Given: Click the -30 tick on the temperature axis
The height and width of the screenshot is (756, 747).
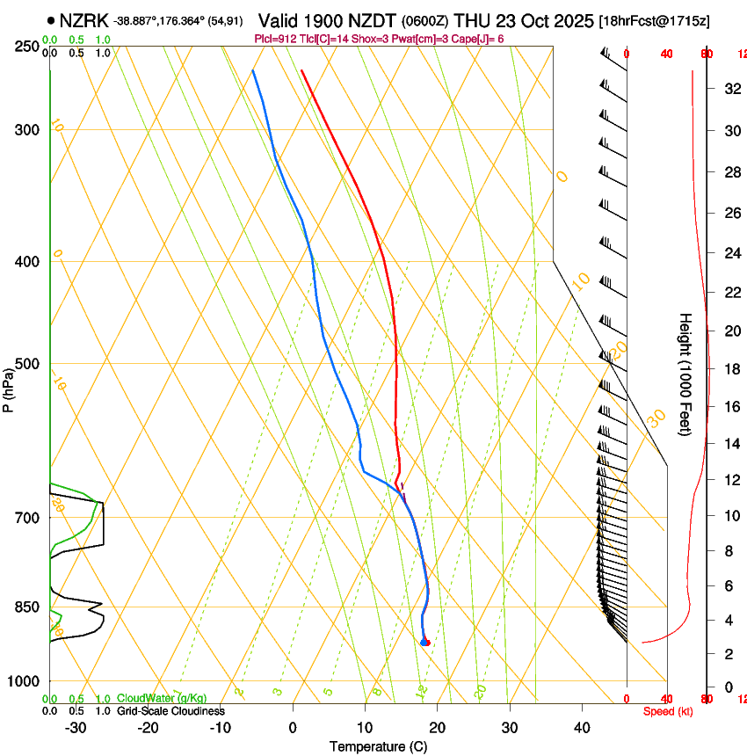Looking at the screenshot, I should pos(76,728).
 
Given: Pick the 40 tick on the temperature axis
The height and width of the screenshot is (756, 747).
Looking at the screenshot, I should pos(581,728).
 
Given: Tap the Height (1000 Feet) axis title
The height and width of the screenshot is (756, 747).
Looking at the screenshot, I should pos(685,374).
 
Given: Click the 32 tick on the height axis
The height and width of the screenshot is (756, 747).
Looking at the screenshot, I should pos(729,89).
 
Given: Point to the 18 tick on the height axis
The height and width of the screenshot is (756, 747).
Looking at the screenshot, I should pos(729,369).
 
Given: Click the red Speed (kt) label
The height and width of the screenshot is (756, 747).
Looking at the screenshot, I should pos(668,711).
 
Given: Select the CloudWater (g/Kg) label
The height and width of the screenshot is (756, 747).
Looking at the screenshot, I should pos(162,699).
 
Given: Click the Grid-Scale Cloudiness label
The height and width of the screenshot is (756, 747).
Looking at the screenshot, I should pos(170,711).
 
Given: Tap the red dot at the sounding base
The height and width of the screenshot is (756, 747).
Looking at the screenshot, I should pos(426,643).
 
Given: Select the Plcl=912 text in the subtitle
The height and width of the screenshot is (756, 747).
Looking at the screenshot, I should pos(276,39).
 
